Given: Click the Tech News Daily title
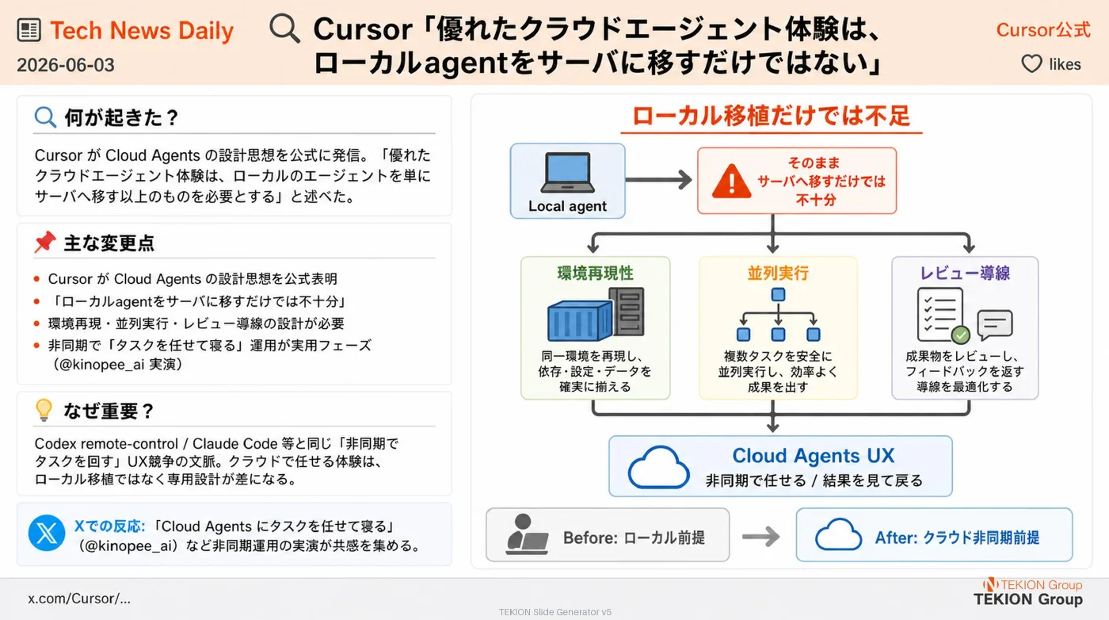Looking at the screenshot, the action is [142, 31].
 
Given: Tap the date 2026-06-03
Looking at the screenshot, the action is [65, 65].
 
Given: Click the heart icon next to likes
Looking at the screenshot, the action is [1031, 64].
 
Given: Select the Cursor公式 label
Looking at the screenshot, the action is [1042, 30].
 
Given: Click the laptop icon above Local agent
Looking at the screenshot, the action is [567, 172].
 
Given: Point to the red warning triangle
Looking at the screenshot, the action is [731, 182].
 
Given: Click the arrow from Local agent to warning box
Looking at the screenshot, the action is [659, 179].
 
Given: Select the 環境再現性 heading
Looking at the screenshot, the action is [595, 273].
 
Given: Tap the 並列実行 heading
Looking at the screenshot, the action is [778, 273].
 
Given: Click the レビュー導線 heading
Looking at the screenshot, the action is [965, 273].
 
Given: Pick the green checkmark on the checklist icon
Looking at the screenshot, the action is [960, 335].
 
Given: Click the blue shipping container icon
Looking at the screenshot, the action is [580, 320].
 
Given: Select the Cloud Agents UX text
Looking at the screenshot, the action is [813, 455].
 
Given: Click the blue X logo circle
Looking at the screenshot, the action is [47, 534].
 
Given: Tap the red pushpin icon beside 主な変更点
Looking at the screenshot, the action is [44, 242].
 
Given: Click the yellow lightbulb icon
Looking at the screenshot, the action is [44, 410].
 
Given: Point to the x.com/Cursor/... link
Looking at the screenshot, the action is [79, 599].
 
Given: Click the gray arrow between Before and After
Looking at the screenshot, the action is [761, 536].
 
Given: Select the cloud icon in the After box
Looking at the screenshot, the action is [838, 534].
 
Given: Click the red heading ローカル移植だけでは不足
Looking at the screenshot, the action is [772, 117].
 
